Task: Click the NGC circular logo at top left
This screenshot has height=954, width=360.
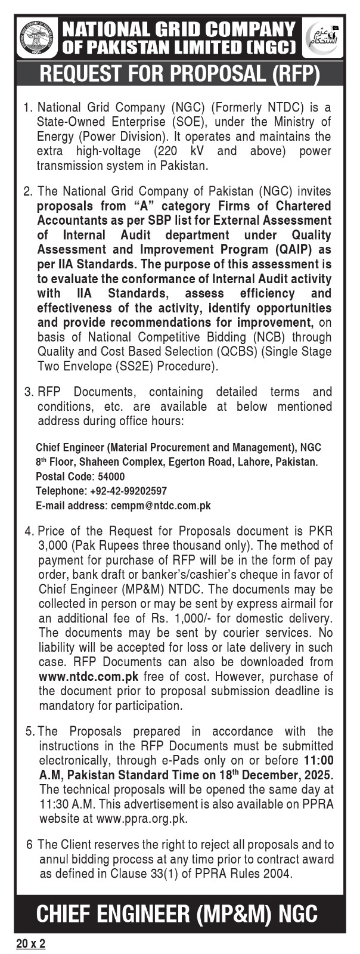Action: tap(37, 38)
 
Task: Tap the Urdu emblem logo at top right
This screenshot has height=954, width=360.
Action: tap(323, 38)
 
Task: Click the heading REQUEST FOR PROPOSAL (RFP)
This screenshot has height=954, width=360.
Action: tap(179, 75)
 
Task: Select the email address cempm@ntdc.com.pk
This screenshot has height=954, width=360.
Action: tap(160, 506)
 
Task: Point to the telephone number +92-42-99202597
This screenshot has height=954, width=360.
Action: tap(127, 491)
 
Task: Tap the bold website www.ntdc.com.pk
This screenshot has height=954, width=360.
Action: tap(89, 677)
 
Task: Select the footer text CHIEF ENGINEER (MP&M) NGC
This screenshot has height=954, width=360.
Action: tap(177, 913)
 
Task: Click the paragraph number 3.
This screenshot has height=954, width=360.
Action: tap(27, 392)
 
